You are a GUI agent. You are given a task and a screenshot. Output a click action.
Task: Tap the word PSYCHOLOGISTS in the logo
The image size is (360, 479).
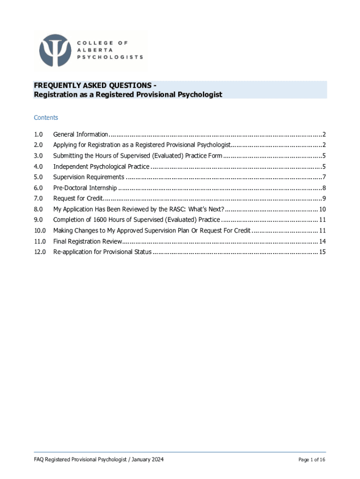[x=110, y=57]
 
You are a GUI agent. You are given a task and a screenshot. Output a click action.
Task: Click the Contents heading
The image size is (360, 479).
[x=46, y=118]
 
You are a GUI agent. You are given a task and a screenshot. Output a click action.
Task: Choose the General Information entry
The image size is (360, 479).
[x=80, y=134]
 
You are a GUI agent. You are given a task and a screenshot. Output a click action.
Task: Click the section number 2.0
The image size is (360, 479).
[x=38, y=145]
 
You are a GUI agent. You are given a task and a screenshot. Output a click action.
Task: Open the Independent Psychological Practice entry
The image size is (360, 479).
[x=101, y=167]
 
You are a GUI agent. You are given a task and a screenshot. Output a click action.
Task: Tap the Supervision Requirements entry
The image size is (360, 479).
[x=88, y=177]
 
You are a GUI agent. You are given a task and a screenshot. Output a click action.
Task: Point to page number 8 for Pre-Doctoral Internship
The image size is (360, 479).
[x=324, y=188]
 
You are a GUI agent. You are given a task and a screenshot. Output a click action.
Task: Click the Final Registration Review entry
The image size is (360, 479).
[x=87, y=241]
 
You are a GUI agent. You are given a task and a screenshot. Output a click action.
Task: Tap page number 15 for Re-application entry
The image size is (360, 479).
[x=322, y=252]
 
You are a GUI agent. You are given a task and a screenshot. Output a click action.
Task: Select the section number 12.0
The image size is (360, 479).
[x=40, y=252]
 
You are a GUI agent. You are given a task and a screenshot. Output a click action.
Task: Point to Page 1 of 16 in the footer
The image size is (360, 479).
[x=312, y=460]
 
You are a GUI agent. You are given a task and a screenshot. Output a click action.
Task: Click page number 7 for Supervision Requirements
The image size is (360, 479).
[x=324, y=177]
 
